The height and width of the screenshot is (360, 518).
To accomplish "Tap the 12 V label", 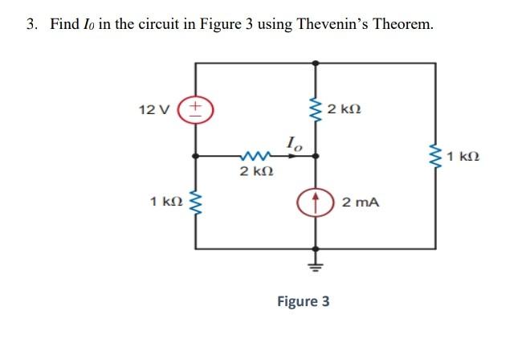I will pos(151,108).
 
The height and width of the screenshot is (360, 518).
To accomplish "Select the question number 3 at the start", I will pos(31,24).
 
